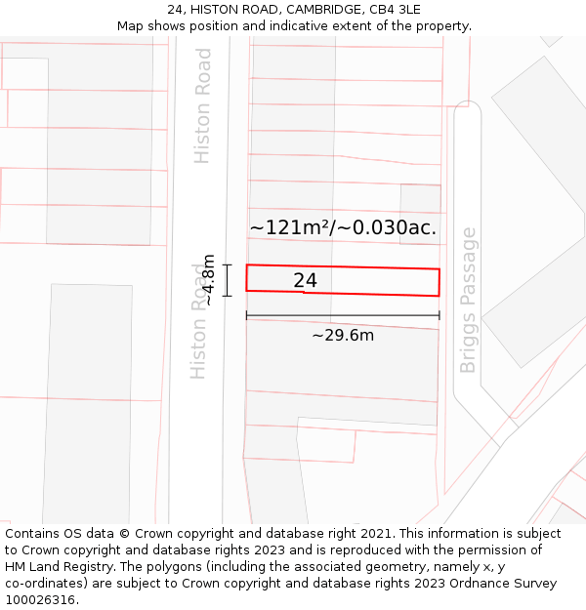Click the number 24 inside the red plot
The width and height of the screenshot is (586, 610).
pos(305,281)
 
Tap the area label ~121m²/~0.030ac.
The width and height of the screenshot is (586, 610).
pos(343,228)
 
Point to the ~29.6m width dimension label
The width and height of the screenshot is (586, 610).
pos(343,336)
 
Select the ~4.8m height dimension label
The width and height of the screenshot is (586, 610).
pos(208,280)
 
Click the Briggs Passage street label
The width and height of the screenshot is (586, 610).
pos(469,301)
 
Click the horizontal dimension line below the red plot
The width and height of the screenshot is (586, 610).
pos(343,315)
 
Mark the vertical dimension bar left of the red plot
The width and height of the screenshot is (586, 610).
pos(227,280)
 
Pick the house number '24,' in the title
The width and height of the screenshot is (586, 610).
pos(176,9)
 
